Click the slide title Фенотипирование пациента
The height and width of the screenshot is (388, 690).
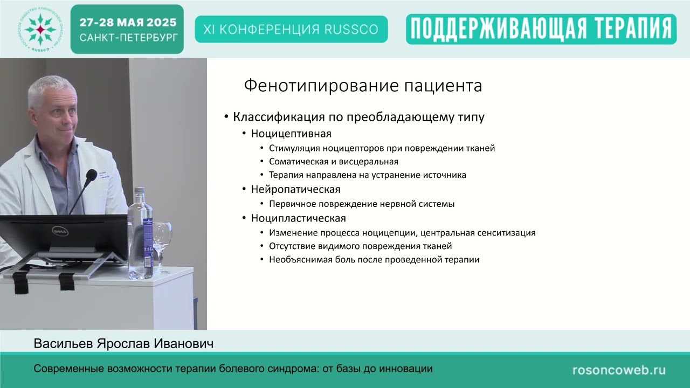pyautogui.click(x=363, y=86)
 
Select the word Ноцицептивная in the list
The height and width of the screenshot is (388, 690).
pyautogui.click(x=291, y=133)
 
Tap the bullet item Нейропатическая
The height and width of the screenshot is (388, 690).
pyautogui.click(x=295, y=189)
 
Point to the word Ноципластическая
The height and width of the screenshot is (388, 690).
pyautogui.click(x=298, y=218)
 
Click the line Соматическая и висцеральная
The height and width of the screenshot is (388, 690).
pyautogui.click(x=334, y=161)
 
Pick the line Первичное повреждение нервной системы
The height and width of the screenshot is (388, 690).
pyautogui.click(x=362, y=204)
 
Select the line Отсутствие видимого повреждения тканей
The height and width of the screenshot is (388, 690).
pyautogui.click(x=360, y=246)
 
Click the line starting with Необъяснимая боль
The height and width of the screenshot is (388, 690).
pyautogui.click(x=374, y=260)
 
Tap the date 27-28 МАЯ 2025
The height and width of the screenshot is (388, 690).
pyautogui.click(x=128, y=23)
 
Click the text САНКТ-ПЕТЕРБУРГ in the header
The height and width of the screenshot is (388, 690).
pyautogui.click(x=128, y=38)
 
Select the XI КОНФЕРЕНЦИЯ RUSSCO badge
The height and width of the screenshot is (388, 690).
pyautogui.click(x=291, y=29)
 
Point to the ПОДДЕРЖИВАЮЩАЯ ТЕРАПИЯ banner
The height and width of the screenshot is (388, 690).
pyautogui.click(x=541, y=29)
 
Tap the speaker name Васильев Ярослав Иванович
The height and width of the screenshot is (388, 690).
pyautogui.click(x=123, y=344)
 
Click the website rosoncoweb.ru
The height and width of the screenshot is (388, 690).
pyautogui.click(x=619, y=370)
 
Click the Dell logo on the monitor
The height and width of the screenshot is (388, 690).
pyautogui.click(x=59, y=231)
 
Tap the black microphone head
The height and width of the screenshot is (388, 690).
pyautogui.click(x=90, y=176)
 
